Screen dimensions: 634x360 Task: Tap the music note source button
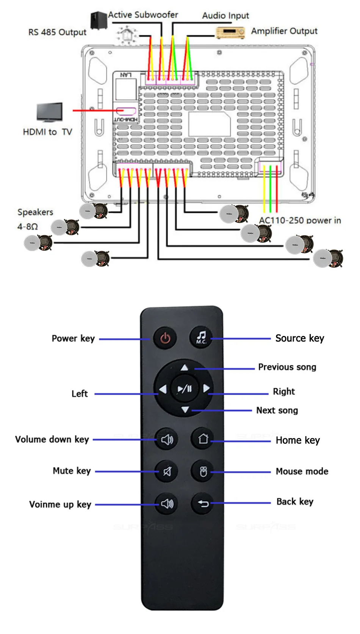[x=201, y=337]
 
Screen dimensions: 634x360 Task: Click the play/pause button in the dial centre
[x=185, y=388]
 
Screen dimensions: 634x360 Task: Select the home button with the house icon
[x=203, y=439]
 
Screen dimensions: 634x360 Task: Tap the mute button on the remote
[x=167, y=471]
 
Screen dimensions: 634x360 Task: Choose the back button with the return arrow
[x=203, y=503]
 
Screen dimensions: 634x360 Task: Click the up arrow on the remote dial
[x=185, y=367]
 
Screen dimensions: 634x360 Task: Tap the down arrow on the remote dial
[x=185, y=409]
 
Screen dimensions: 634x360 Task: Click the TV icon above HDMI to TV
[x=50, y=112]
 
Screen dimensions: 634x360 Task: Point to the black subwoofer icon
[x=99, y=20]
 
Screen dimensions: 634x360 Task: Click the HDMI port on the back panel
[x=126, y=111]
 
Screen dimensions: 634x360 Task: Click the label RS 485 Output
[x=57, y=32]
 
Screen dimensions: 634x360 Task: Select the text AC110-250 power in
[x=300, y=220]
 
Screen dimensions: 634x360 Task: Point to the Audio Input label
[x=225, y=16]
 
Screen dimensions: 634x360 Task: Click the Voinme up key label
[x=60, y=504]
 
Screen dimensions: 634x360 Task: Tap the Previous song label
[x=287, y=367]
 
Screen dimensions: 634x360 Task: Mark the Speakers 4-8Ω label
[x=35, y=219]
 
